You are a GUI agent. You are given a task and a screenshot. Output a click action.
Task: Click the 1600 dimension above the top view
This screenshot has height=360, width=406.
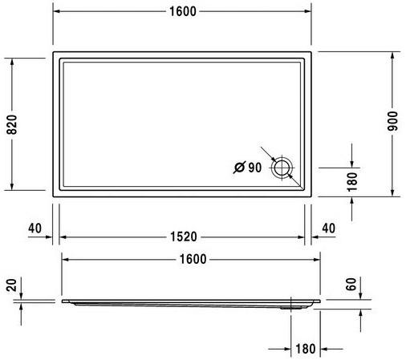click(x=181, y=11)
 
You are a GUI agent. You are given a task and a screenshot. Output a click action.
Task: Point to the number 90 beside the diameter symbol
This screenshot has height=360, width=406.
click(x=256, y=168)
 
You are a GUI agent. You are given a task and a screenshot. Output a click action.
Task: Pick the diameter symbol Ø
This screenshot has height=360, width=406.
click(x=239, y=168)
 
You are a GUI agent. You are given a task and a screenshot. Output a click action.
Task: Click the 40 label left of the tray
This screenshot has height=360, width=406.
click(x=34, y=228)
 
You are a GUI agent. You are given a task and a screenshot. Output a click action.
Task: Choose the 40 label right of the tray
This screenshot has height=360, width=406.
click(x=330, y=228)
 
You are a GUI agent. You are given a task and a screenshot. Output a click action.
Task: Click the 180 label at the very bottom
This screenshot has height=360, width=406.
click(x=306, y=349)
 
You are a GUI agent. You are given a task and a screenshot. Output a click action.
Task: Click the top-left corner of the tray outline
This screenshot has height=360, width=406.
click(x=54, y=53)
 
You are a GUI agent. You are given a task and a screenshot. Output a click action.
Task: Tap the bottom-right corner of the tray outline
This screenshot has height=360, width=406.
click(x=312, y=196)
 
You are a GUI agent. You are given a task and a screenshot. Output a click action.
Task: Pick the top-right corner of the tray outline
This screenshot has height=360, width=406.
click(x=312, y=53)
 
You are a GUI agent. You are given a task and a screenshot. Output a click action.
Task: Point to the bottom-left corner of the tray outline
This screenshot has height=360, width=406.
click(x=54, y=196)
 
